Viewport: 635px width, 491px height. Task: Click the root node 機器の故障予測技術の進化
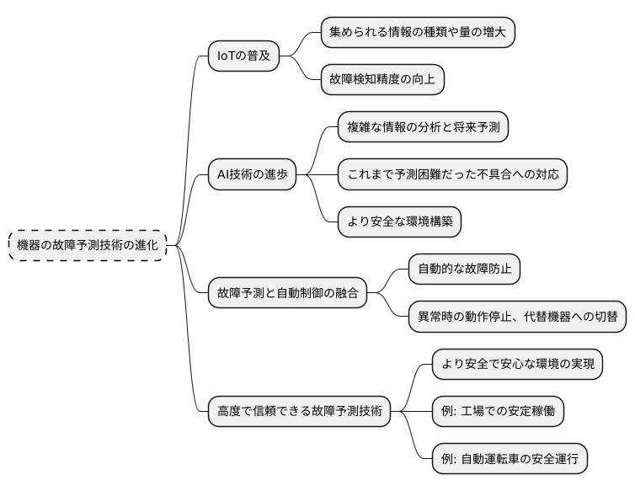click(x=88, y=245)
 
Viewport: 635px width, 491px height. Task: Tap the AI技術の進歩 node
click(x=252, y=174)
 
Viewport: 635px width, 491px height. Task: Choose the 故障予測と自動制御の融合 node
click(x=287, y=293)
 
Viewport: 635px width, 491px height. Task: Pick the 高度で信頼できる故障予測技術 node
click(x=299, y=412)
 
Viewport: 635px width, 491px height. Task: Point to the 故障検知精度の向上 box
click(x=382, y=80)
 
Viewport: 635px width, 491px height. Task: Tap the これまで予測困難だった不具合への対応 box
click(x=452, y=174)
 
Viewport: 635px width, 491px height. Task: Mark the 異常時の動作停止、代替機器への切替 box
click(x=518, y=317)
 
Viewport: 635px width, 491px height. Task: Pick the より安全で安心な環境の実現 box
click(x=518, y=364)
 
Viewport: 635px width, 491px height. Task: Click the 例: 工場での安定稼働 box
click(x=498, y=412)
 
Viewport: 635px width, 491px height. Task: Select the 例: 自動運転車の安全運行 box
click(x=510, y=459)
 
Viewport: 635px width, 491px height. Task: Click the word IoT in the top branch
click(x=227, y=56)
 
